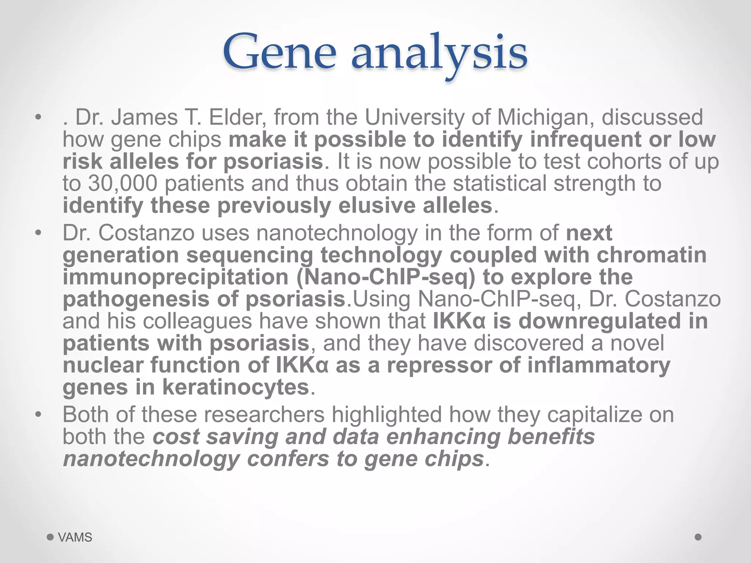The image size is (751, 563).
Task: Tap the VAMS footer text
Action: [75, 537]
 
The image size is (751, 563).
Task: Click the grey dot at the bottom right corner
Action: [698, 537]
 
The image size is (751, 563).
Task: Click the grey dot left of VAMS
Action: [51, 537]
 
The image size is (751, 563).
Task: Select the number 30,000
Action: [122, 183]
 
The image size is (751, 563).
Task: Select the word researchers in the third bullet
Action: [264, 415]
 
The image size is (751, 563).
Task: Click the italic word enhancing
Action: [443, 437]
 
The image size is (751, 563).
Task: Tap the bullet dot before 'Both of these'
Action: [38, 415]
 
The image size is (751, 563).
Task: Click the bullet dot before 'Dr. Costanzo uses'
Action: [38, 233]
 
